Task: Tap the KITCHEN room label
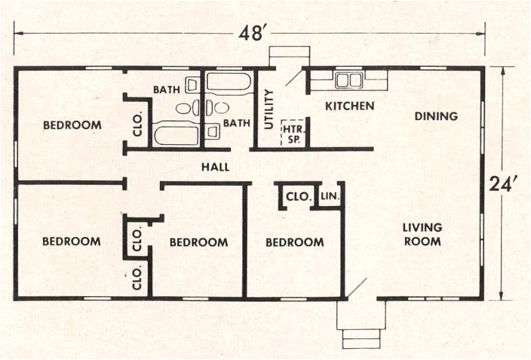(x=350, y=106)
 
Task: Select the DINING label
(x=436, y=116)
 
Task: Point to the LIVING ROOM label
(x=422, y=234)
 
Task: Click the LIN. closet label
(x=330, y=197)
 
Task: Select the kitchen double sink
(x=348, y=80)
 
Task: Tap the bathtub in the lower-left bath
(x=177, y=135)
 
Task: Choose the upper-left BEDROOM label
(x=72, y=125)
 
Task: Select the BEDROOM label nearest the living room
(x=295, y=242)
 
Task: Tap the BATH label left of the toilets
(x=167, y=89)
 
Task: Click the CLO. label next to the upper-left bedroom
(x=137, y=126)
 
